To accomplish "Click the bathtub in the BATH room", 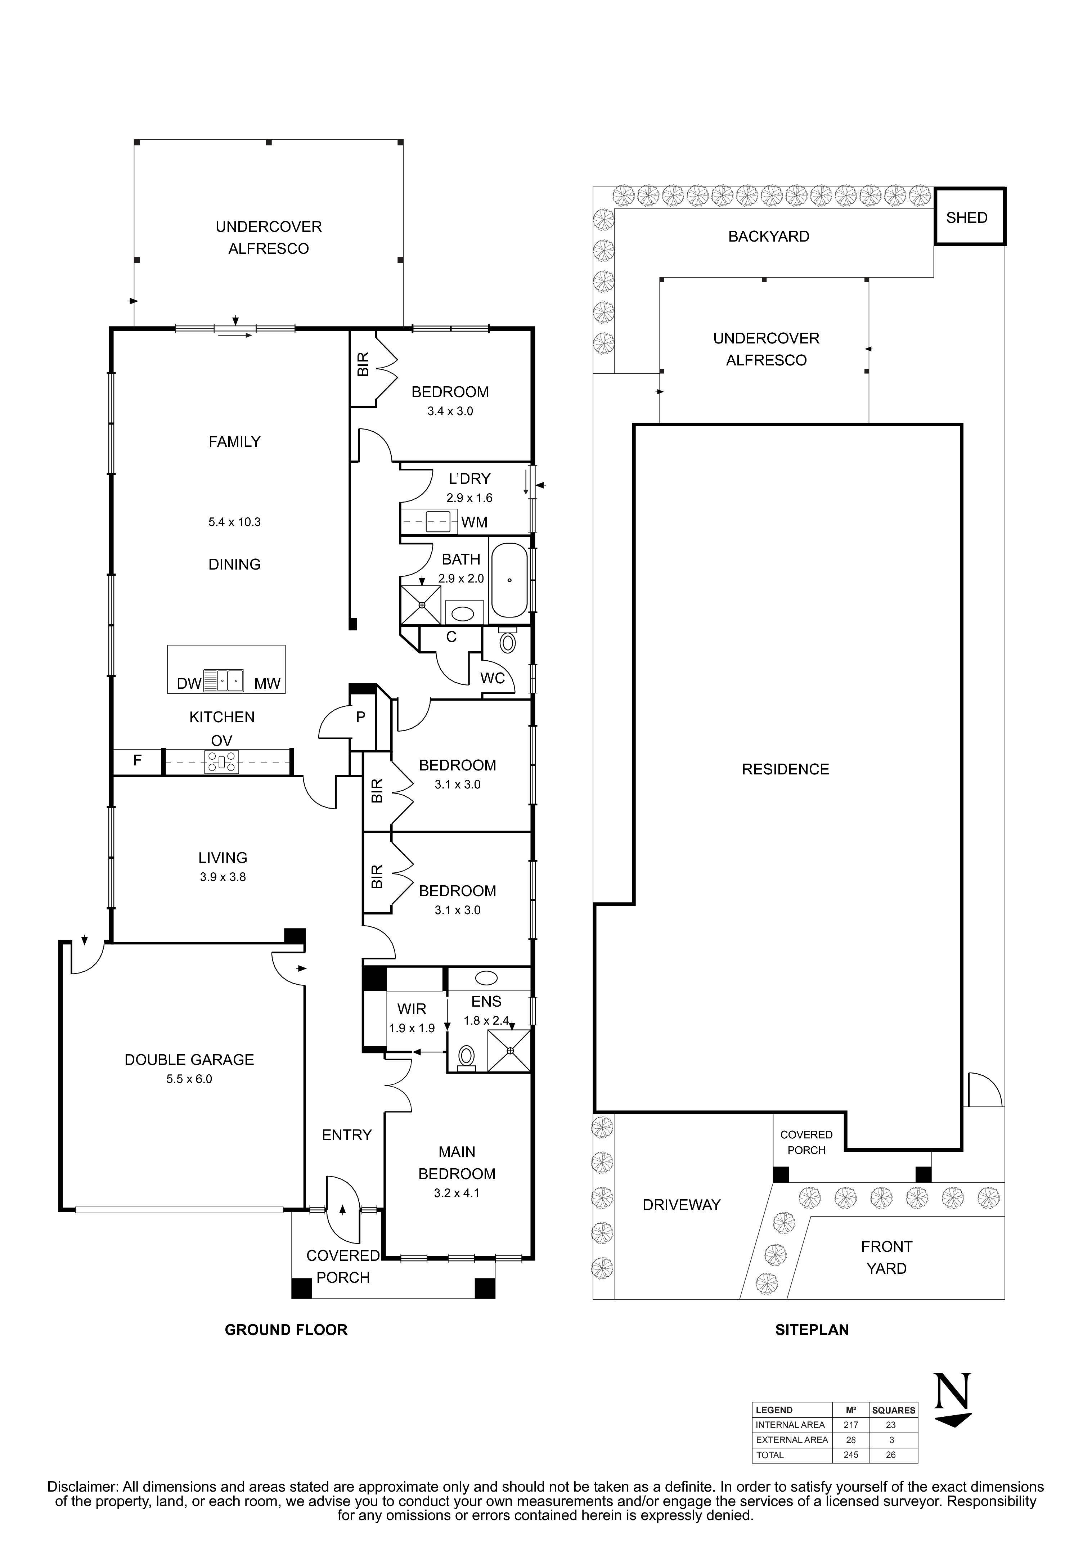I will pyautogui.click(x=509, y=580).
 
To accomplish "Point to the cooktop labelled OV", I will pyautogui.click(x=222, y=761).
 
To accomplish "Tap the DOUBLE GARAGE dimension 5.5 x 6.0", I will pyautogui.click(x=189, y=1079).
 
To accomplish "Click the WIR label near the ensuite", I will pyautogui.click(x=412, y=1009).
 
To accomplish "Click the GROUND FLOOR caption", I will pyautogui.click(x=286, y=1330).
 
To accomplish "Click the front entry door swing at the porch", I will pyautogui.click(x=343, y=1210).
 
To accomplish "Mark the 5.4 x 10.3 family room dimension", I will pyautogui.click(x=234, y=522).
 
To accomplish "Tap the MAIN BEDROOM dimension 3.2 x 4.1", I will pyautogui.click(x=457, y=1193).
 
